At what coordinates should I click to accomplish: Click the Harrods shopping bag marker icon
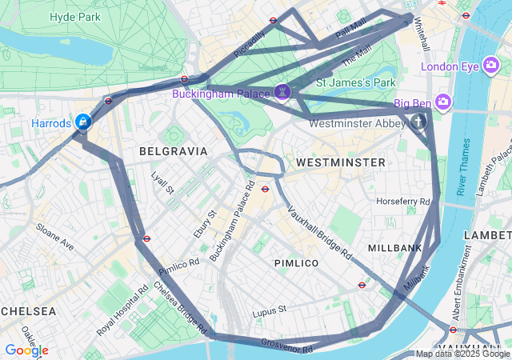point(82,122)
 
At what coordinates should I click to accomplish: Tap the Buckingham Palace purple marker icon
point(282,94)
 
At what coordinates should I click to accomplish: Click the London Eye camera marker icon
point(492,66)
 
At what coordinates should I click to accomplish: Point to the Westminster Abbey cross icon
point(418,122)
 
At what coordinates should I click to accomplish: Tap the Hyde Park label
point(74,16)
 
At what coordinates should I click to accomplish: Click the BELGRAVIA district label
point(173,150)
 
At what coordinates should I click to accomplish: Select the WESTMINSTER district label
point(341,162)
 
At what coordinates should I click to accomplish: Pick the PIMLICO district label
point(296,262)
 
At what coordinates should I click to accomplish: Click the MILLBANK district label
point(394,248)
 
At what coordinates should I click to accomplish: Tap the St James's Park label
point(356,82)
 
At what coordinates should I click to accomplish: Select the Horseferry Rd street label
point(402,201)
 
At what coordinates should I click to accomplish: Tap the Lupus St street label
point(269,310)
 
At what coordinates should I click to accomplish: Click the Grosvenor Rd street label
point(286,345)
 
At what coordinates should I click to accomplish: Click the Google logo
point(26,350)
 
